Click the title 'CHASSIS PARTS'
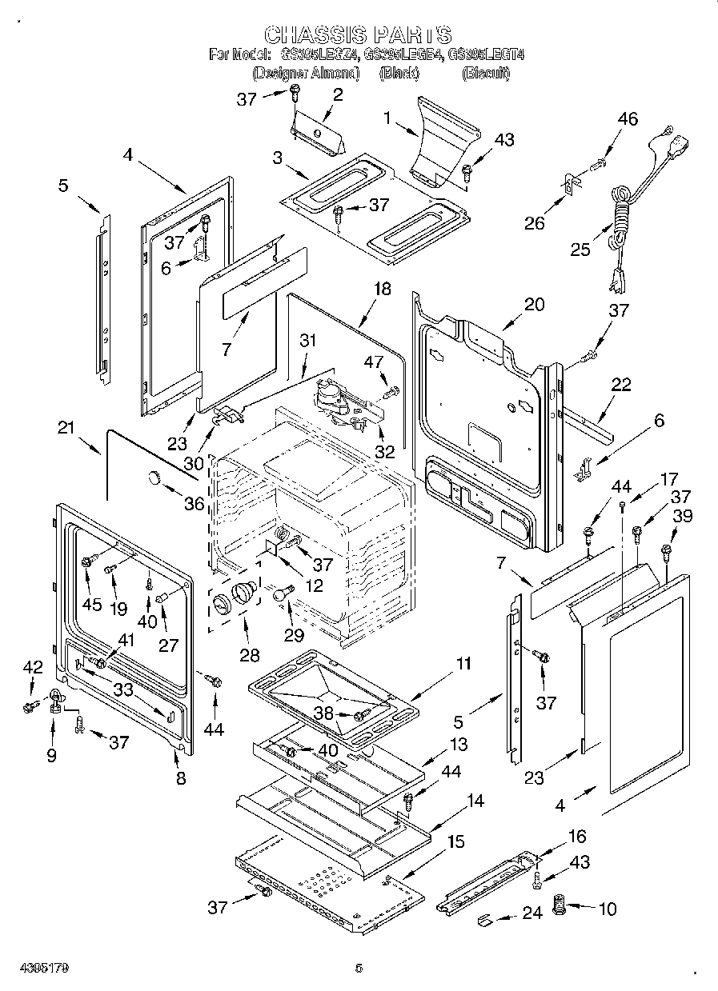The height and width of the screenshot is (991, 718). click(358, 34)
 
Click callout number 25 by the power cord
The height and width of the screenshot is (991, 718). click(580, 250)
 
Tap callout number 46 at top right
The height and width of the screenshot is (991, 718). click(628, 119)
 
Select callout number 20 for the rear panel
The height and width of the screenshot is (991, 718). click(534, 304)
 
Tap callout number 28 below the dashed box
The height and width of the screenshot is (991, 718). click(249, 655)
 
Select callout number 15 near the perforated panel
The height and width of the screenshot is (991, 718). click(455, 842)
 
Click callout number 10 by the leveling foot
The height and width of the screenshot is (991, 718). click(608, 909)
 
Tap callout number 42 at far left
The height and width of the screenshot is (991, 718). click(32, 667)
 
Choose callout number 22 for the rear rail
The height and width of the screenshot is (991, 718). click(620, 385)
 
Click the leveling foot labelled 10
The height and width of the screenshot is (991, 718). click(560, 909)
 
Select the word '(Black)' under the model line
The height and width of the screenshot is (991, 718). click(399, 74)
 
